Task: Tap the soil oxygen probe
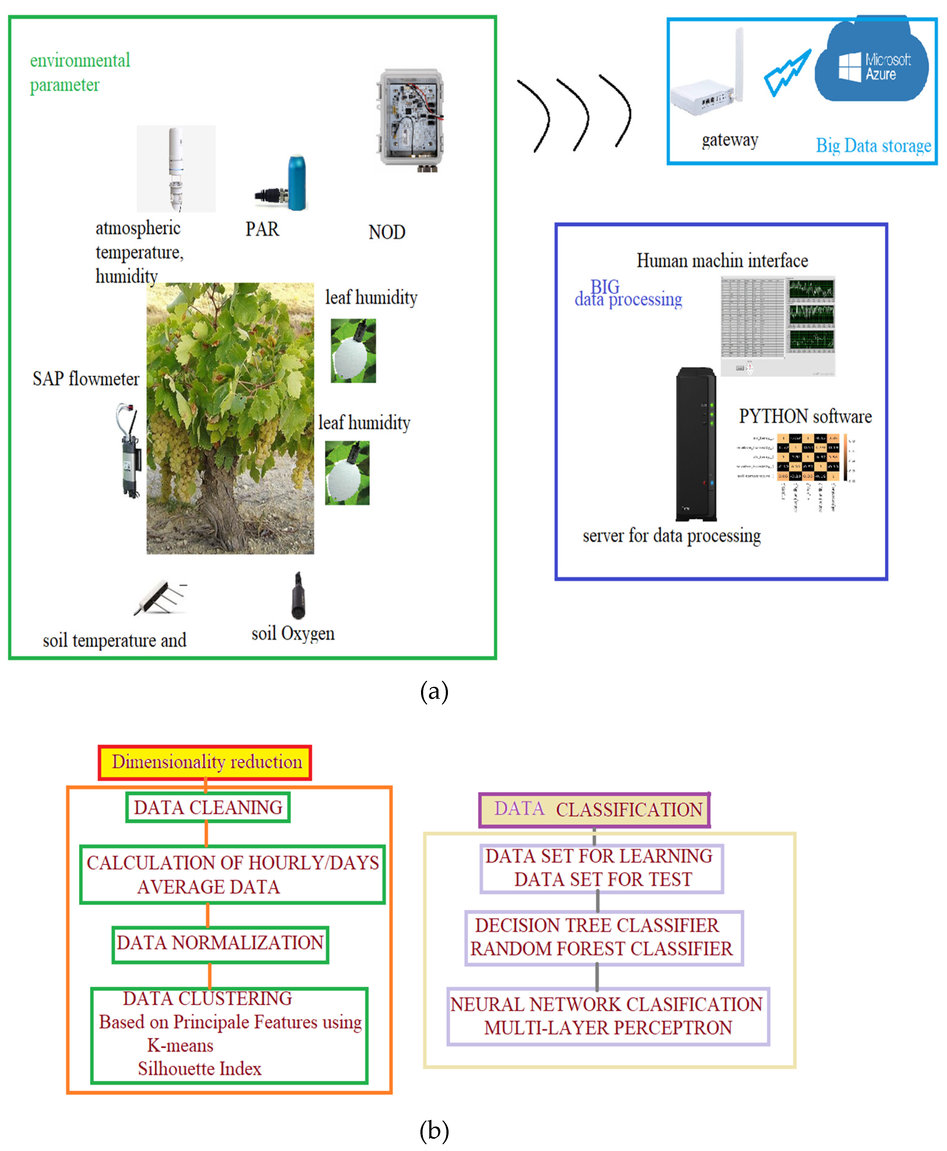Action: pos(297,595)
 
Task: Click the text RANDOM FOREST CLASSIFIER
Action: pos(601,949)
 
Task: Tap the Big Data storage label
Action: pos(873,146)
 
